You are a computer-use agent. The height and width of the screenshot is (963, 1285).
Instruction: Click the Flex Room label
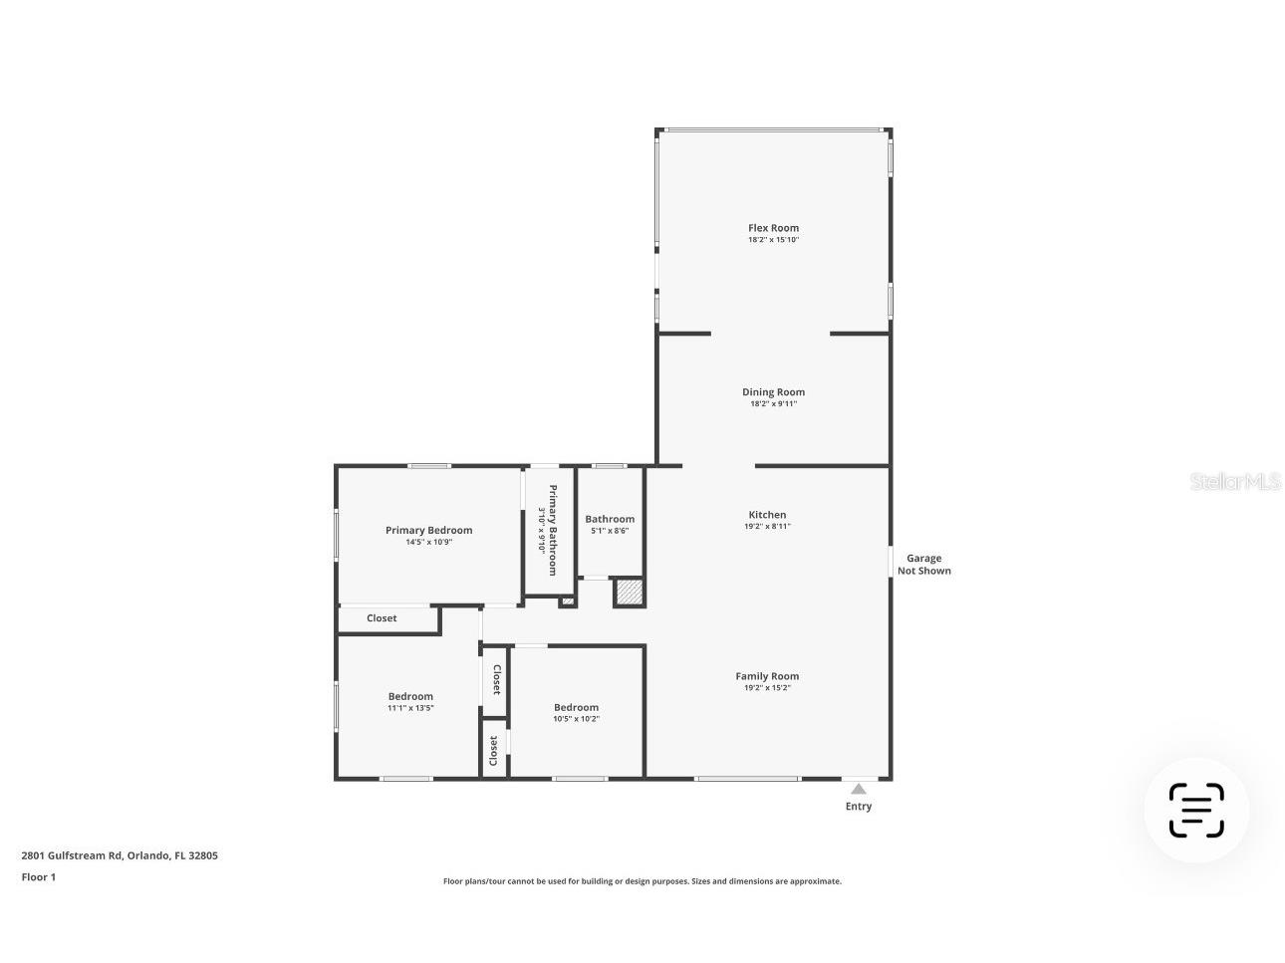click(773, 228)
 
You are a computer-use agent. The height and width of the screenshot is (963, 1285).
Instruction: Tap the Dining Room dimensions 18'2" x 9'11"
click(773, 404)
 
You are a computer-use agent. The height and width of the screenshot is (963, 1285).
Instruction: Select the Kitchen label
click(767, 515)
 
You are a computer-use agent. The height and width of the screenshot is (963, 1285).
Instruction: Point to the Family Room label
click(767, 676)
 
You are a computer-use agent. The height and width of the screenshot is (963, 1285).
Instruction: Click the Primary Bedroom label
click(428, 530)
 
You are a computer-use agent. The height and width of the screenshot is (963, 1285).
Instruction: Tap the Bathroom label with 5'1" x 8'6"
click(610, 519)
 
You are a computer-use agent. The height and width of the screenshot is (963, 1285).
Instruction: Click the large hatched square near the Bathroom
click(629, 593)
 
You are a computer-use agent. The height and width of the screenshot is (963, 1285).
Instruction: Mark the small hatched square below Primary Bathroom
click(567, 602)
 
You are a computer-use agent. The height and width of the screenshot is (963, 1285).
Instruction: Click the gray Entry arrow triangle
click(859, 789)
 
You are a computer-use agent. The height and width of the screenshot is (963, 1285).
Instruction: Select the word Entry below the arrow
click(859, 807)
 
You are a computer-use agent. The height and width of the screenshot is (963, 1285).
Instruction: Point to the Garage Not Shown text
click(924, 565)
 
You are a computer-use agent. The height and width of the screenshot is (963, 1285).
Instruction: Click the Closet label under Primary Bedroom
click(382, 618)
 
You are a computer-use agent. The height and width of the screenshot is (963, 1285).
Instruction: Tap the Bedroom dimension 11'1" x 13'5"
click(410, 708)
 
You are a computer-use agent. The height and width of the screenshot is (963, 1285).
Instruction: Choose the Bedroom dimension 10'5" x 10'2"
click(576, 719)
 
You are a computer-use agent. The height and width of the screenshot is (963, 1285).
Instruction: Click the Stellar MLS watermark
click(1235, 482)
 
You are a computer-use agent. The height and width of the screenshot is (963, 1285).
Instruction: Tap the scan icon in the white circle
click(1195, 811)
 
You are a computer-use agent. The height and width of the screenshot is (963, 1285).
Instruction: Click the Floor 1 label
click(39, 877)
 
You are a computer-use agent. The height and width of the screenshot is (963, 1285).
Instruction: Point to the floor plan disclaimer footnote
click(642, 881)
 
